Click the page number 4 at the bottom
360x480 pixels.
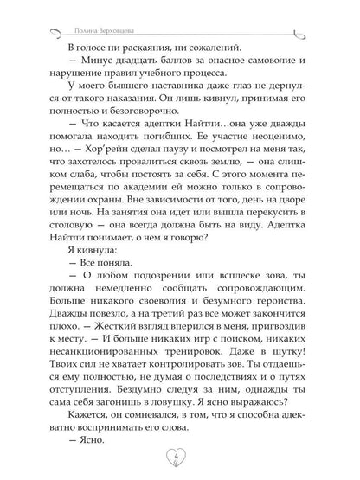click(x=179, y=453)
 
